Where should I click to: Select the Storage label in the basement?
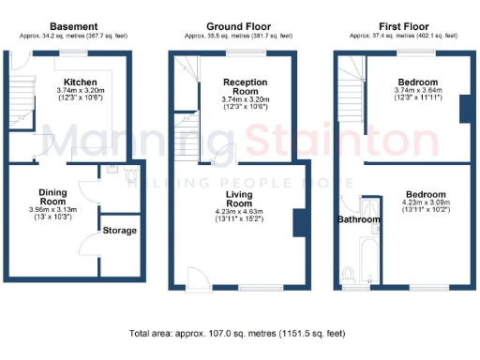tap(119, 230)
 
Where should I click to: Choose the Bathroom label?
tap(360, 220)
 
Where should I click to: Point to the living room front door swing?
tap(197, 276)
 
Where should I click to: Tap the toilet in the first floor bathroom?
tap(349, 274)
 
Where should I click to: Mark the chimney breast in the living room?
tap(299, 223)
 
